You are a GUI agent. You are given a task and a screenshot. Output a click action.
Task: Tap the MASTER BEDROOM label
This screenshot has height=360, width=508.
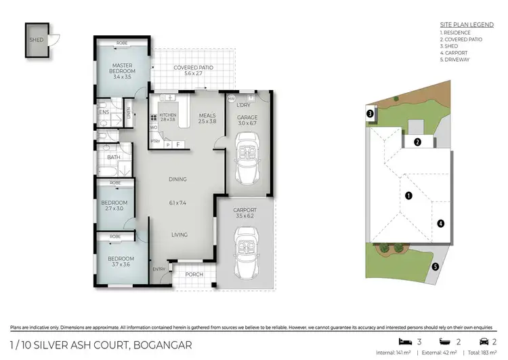coord(123,68)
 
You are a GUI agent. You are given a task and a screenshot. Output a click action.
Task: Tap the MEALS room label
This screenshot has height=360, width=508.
coord(207,115)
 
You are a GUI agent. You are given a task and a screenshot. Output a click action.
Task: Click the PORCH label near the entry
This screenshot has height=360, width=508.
coord(194,275)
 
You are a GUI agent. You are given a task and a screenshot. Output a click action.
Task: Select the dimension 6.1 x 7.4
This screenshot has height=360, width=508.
coord(178,203)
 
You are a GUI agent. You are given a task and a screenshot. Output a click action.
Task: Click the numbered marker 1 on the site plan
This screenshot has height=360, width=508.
coord(408,195)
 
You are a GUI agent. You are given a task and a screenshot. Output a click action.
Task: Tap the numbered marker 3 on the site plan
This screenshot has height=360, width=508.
coord(370,115)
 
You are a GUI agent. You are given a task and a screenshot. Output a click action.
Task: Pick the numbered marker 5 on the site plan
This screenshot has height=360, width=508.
coord(436,266)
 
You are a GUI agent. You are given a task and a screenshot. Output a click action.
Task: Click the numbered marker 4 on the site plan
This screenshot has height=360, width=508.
coord(440,222)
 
